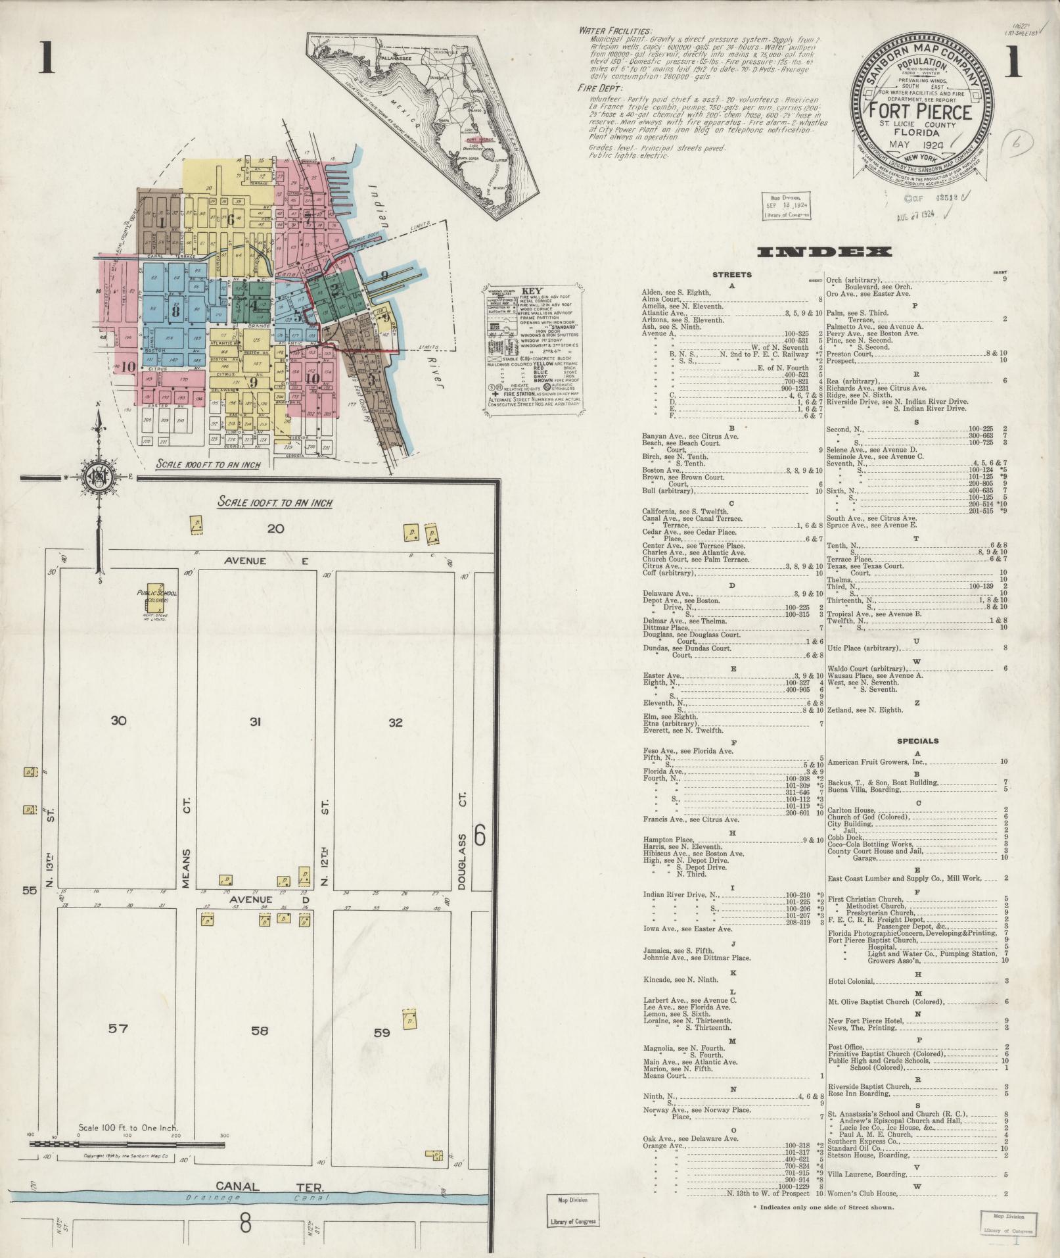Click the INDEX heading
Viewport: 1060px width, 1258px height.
(x=824, y=252)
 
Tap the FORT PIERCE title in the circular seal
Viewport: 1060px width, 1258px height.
(x=919, y=112)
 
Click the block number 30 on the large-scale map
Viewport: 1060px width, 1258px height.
(x=118, y=721)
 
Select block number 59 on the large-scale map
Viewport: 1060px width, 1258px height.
(x=382, y=1032)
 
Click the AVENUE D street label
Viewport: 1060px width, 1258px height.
(x=258, y=899)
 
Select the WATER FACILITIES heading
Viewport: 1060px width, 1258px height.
(x=615, y=32)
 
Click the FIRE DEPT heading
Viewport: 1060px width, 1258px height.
(x=599, y=88)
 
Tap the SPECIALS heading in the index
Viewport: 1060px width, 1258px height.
(x=917, y=741)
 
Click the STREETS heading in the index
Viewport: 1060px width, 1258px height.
(x=731, y=275)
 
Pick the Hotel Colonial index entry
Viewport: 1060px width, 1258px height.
(x=851, y=981)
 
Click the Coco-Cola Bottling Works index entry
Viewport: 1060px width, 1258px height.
(x=870, y=844)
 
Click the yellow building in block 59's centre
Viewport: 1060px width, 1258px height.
(x=410, y=1020)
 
